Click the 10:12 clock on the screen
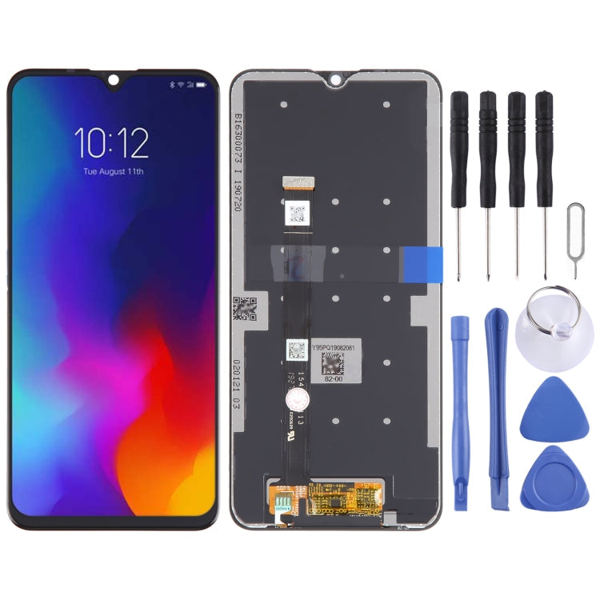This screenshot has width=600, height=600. [112, 143]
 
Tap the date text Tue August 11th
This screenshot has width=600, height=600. [113, 171]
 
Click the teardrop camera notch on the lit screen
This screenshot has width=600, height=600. [113, 79]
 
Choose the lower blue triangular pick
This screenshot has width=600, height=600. [552, 480]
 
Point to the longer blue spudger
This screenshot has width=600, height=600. [497, 409]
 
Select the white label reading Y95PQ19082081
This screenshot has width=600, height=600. [336, 346]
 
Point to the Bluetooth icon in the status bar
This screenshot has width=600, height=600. [171, 85]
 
